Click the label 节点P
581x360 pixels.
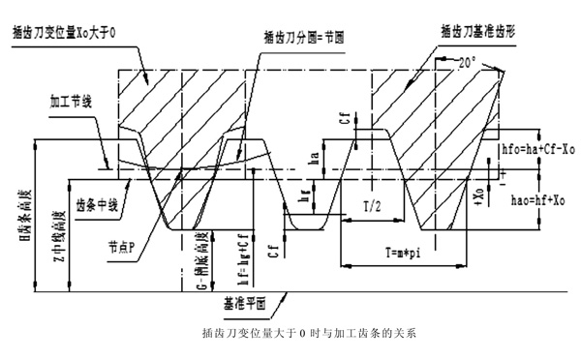point(127,244)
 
